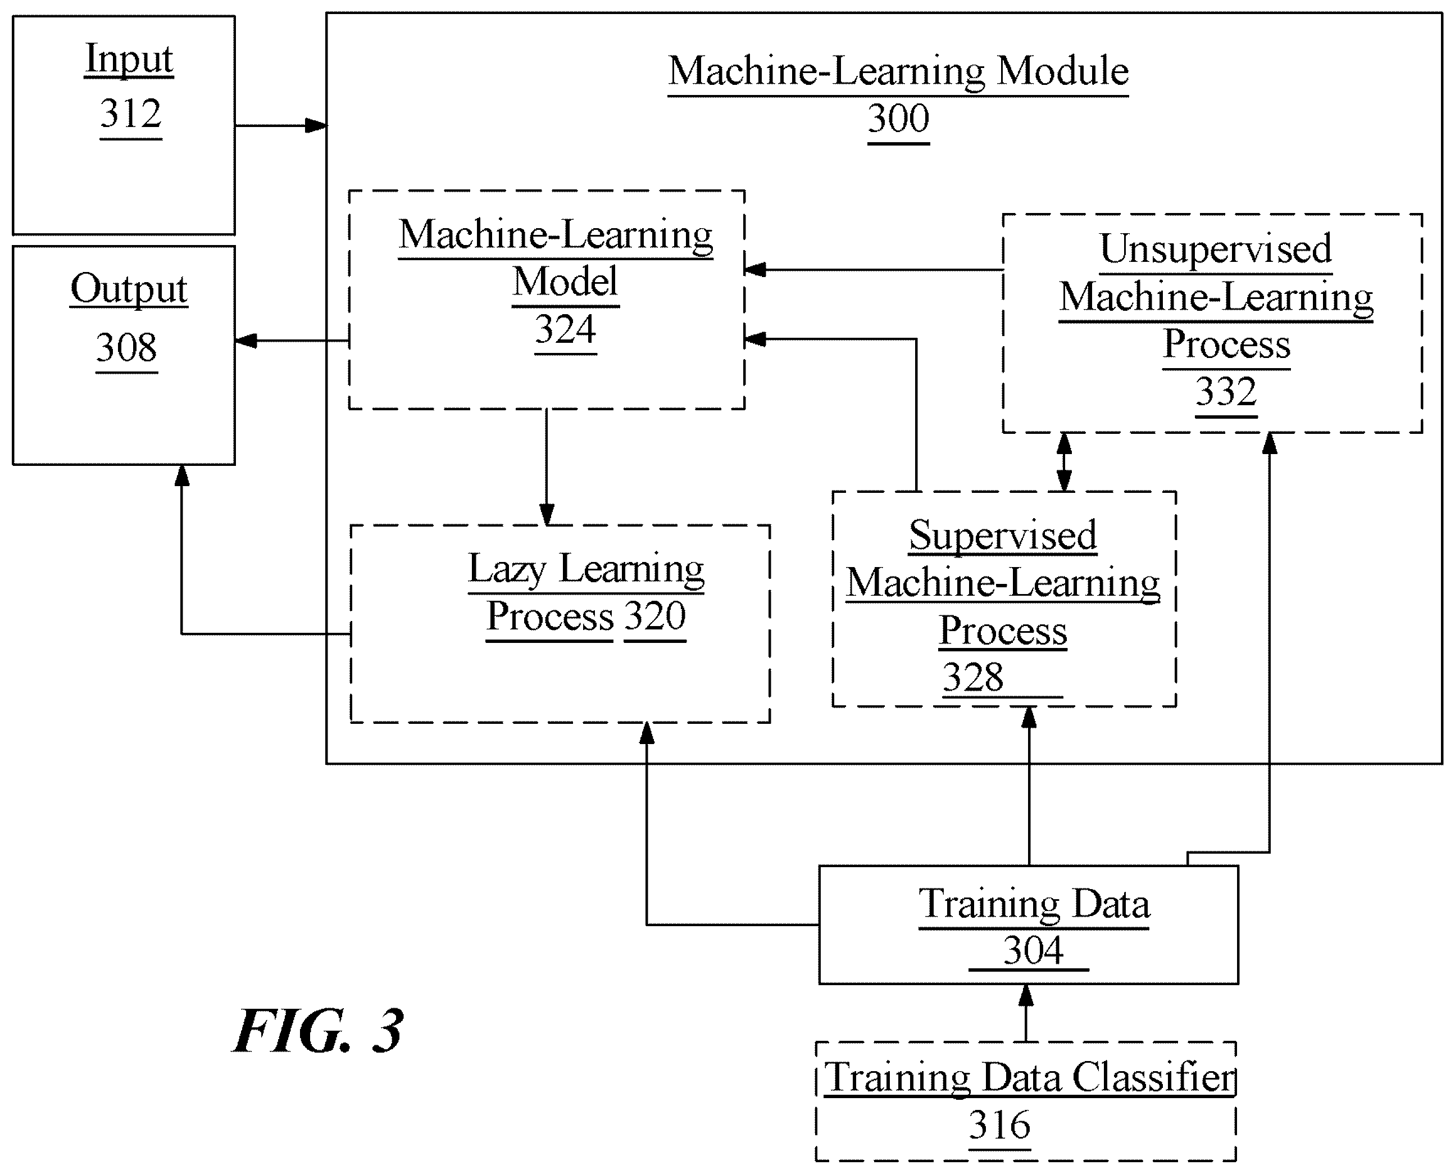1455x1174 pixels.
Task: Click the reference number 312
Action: tap(130, 113)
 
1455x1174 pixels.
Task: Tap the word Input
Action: tap(129, 59)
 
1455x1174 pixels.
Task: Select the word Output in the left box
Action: tap(129, 289)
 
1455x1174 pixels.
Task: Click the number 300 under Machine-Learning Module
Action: tap(898, 119)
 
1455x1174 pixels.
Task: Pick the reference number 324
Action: tap(565, 329)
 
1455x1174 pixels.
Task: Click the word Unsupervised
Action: tap(1216, 250)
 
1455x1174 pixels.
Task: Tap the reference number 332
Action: tap(1226, 392)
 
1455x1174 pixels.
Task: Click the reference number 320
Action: tap(654, 616)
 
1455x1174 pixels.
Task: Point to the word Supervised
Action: tap(1003, 536)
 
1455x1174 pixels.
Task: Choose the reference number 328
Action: tap(973, 677)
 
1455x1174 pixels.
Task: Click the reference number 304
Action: tap(1033, 950)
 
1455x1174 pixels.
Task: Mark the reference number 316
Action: tap(999, 1125)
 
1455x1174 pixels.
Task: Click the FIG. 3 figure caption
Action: tap(319, 1031)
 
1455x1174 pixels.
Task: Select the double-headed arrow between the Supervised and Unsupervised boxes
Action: tap(1064, 462)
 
